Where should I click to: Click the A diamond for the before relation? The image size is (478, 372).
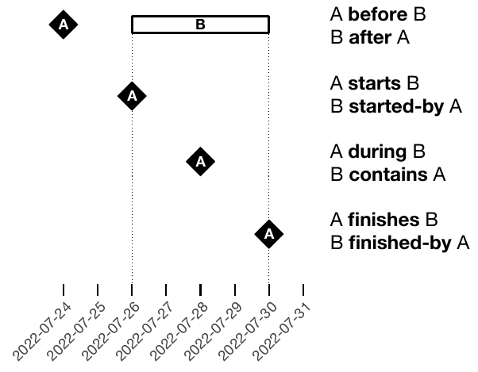64,25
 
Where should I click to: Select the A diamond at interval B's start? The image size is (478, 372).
132,96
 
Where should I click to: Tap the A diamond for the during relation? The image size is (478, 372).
200,162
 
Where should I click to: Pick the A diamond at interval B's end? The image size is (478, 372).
269,233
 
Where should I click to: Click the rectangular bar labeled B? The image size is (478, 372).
200,25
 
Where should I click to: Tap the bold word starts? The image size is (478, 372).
374,83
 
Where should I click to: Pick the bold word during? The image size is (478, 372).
376,151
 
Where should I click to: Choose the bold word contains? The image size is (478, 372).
387,174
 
